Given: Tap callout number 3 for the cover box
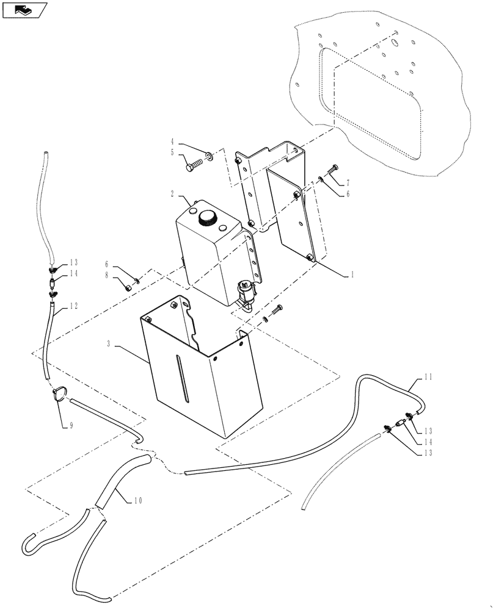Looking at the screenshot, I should point(109,345).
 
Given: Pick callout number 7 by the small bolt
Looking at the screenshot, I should point(348,183).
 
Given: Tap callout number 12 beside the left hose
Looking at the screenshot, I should point(73,306).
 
